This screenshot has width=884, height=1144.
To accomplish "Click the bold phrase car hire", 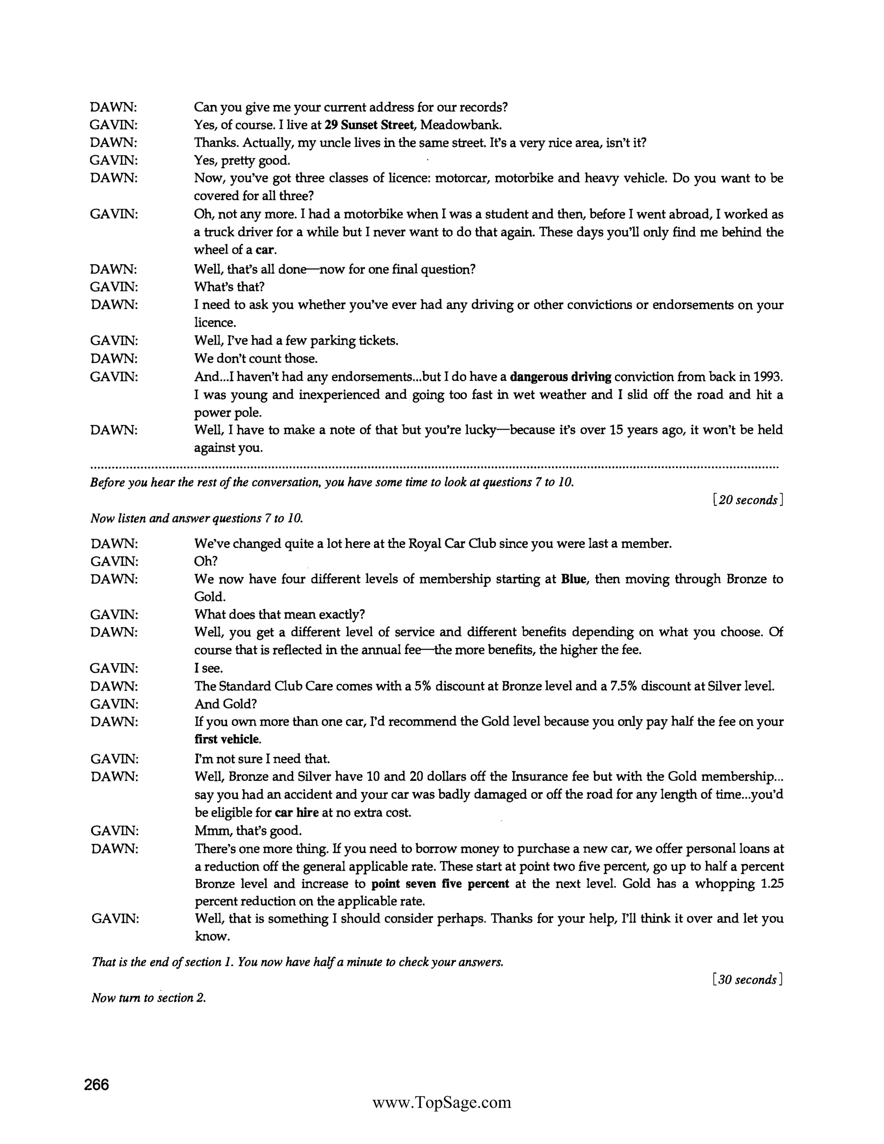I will click(x=297, y=812).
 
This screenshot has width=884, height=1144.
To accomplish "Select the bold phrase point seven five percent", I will click(x=440, y=884).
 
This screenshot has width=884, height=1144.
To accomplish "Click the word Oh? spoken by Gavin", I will click(x=206, y=561).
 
